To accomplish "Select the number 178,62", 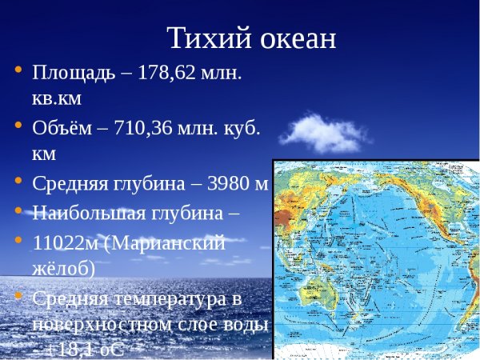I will (171, 74).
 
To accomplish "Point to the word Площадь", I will (71, 74).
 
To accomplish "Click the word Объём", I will (60, 127).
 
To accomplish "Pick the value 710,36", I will (143, 127).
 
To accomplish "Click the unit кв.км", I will (56, 98).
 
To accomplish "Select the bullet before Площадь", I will (17, 71).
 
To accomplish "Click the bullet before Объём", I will (17, 126).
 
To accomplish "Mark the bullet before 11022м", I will (17, 240).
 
